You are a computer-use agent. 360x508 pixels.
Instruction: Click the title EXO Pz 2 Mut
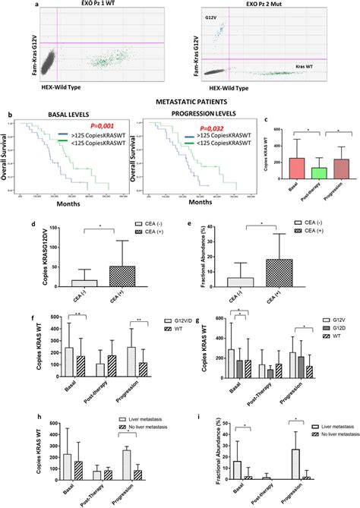[253, 7]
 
